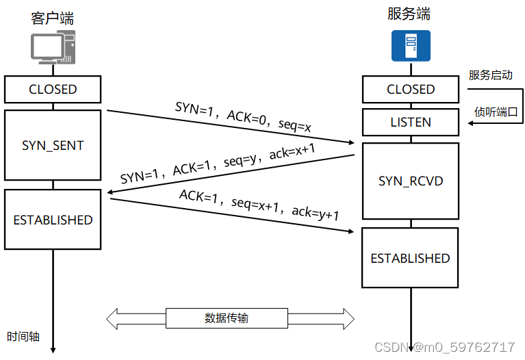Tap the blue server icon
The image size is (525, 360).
coord(410,46)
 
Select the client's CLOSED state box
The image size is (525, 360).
coord(53,89)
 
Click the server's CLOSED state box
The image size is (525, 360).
coord(410,89)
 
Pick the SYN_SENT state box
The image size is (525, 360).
coord(53,145)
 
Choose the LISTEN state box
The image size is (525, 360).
coord(410,123)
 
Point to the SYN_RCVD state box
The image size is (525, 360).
coord(410,181)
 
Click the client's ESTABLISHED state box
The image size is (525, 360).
coord(53,220)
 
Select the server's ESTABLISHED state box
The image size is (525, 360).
coord(410,258)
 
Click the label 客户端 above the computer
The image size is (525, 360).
coord(53,18)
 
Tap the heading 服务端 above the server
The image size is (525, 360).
coord(409,14)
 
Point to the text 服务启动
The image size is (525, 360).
coord(490,75)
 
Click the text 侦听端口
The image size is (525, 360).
coord(496,112)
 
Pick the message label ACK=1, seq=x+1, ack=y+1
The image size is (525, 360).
coord(259,205)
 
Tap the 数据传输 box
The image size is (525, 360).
coord(227,318)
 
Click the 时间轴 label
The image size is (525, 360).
coord(23,336)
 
